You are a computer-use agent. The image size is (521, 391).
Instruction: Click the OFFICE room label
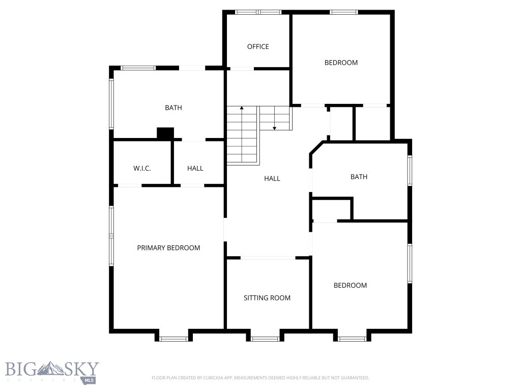(258, 47)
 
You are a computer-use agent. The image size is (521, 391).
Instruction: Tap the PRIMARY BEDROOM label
(168, 248)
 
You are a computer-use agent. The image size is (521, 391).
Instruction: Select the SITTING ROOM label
(267, 298)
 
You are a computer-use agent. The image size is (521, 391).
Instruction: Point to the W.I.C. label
(142, 169)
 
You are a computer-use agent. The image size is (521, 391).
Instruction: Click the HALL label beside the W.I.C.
(195, 169)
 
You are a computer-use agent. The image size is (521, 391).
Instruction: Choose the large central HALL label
(272, 179)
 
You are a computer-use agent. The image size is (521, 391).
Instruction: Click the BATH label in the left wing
(173, 108)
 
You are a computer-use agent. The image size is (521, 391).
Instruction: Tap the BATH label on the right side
(359, 177)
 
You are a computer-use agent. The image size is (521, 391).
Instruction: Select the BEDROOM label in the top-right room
(341, 63)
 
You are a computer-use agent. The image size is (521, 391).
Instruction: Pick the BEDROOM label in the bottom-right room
(350, 286)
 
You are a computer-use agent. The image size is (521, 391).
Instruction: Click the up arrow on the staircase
(242, 108)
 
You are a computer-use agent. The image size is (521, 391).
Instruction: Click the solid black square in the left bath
(165, 133)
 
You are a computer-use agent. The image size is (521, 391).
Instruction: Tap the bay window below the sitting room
(265, 339)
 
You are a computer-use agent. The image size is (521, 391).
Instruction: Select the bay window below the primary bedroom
(173, 339)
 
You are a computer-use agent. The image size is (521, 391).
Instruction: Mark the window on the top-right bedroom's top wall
(344, 12)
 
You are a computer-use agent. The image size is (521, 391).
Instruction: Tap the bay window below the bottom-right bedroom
(352, 339)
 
